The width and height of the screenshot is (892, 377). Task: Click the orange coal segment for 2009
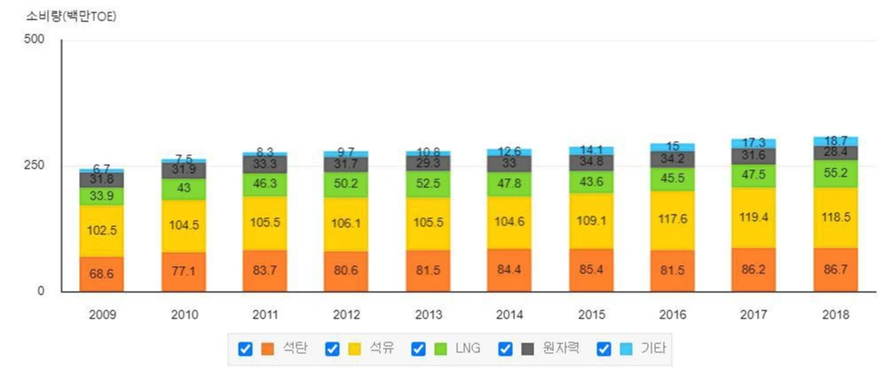point(100,274)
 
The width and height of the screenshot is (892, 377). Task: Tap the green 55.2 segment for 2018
point(835,173)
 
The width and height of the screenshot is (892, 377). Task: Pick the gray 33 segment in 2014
point(509,163)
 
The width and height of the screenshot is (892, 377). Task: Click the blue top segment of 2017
point(753,143)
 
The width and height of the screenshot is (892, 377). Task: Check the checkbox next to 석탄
point(245,349)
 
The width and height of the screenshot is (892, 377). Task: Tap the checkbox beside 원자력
point(506,349)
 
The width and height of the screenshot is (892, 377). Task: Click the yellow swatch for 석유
point(353,349)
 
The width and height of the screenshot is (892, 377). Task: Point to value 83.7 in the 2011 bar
point(265,271)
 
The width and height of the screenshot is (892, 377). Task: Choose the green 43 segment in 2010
point(184,189)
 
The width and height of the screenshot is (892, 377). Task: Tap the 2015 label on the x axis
point(591,315)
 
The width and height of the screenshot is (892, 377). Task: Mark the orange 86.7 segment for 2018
point(835,270)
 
